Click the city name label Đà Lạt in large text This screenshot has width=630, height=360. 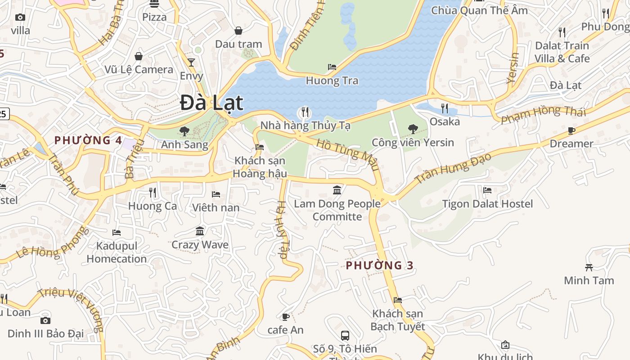211,103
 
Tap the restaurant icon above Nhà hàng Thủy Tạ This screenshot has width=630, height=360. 305,112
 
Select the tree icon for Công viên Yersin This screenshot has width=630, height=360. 413,129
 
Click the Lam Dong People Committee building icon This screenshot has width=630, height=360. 337,190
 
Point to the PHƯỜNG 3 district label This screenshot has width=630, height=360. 379,265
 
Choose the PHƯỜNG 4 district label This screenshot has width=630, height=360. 88,140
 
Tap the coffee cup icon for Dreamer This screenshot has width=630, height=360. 571,130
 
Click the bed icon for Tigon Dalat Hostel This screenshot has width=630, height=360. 487,190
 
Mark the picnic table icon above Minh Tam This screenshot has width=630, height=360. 589,267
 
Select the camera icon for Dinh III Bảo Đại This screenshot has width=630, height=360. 45,320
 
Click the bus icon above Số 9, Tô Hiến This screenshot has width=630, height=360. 345,335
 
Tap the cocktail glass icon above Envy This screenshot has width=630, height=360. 191,62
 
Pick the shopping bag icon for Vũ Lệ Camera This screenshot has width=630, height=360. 139,56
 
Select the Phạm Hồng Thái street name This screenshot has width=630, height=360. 544,114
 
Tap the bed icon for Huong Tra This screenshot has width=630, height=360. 332,67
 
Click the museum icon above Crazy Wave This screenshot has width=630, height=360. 200,231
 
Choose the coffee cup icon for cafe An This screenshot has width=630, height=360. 285,317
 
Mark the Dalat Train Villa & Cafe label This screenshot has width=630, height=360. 562,52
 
